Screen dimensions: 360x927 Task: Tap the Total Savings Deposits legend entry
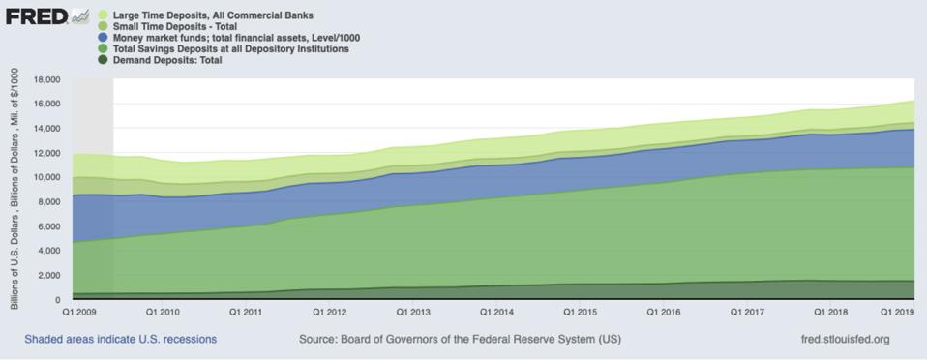click(x=230, y=48)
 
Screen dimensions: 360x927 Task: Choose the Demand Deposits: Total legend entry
click(x=167, y=60)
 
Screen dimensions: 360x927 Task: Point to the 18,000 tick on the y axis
click(x=45, y=79)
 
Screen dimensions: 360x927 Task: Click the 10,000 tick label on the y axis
click(x=45, y=177)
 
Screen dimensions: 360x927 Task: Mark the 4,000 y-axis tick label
click(x=48, y=251)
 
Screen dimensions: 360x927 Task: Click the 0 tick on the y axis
click(x=57, y=300)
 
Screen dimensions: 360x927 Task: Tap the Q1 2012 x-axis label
click(x=331, y=314)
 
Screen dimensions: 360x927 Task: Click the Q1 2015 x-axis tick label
click(x=582, y=314)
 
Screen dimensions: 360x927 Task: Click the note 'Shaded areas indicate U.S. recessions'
click(x=121, y=340)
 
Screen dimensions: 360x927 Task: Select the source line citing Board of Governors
click(x=461, y=340)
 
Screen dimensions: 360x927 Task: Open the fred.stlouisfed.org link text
click(x=838, y=340)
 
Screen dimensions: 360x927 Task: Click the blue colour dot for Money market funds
click(x=103, y=38)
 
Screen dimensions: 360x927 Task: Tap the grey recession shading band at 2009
click(x=93, y=194)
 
